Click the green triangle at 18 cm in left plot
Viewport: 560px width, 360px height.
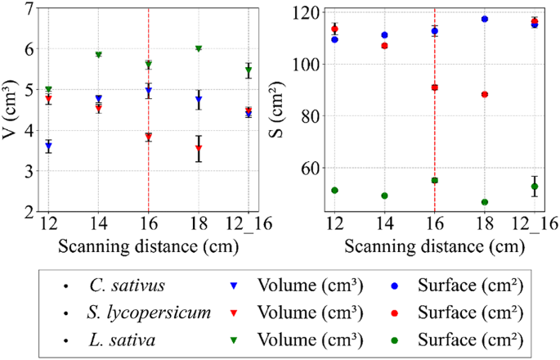[x=198, y=49]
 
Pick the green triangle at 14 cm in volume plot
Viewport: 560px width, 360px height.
[x=98, y=55]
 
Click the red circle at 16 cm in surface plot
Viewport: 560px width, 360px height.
[x=434, y=88]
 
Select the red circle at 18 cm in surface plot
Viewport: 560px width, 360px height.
[x=485, y=94]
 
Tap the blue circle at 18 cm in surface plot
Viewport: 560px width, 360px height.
[x=485, y=19]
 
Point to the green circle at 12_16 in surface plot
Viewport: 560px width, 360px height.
[x=535, y=187]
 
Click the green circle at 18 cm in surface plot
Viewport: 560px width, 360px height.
[x=485, y=202]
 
